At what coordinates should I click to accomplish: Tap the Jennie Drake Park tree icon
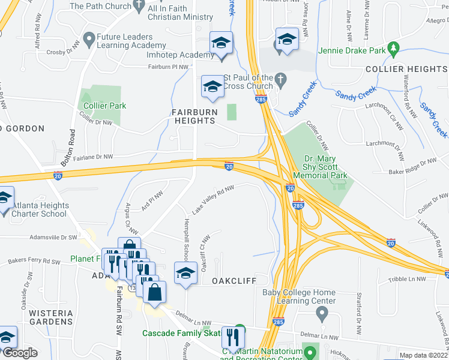[x=394, y=47]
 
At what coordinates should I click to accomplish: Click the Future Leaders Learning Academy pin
[x=89, y=40]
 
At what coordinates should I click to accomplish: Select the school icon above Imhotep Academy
[x=221, y=43]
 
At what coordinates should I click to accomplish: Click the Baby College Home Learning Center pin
[x=322, y=312]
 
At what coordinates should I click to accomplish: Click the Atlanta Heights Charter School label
[x=42, y=209]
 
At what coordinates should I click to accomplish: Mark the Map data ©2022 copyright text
[x=422, y=355]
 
